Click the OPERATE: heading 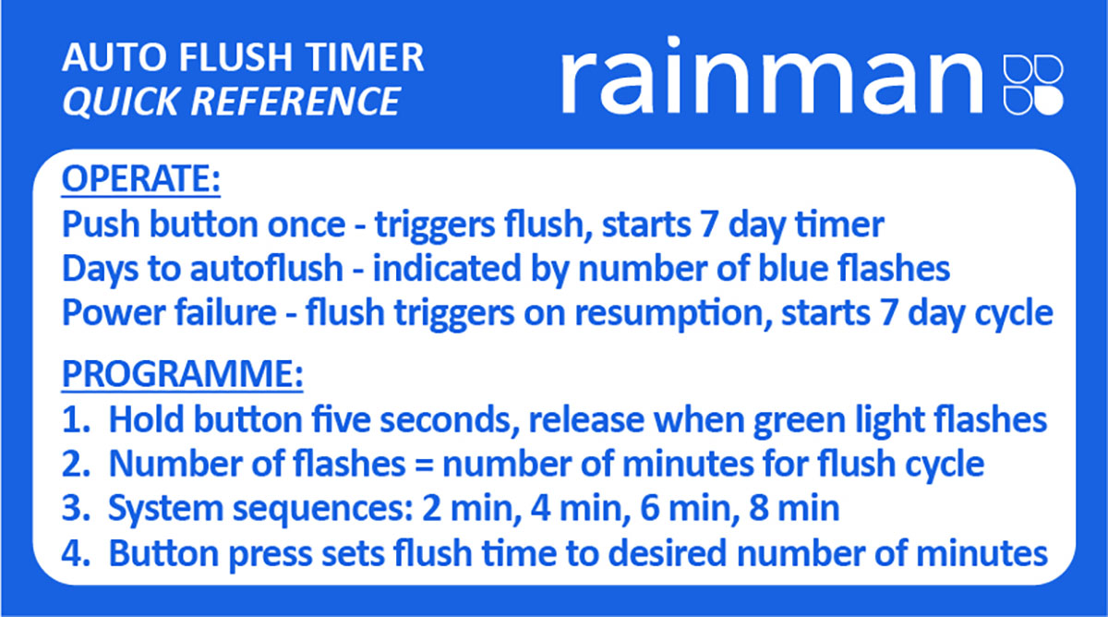point(141,179)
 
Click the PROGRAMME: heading point(182,374)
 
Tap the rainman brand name point(772,76)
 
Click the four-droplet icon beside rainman point(1033,85)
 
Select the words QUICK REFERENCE point(231,102)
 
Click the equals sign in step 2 point(424,466)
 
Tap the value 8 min point(794,508)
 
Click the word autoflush point(267,269)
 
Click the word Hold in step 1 point(146,420)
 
